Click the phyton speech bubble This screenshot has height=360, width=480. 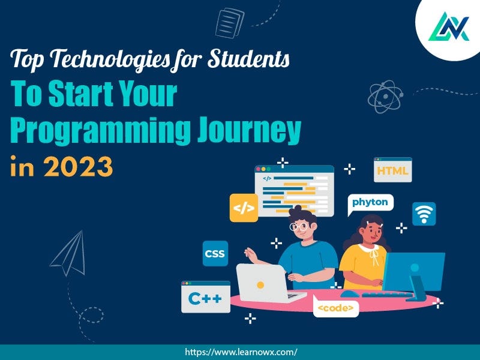point(370,203)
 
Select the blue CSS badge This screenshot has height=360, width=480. point(214,254)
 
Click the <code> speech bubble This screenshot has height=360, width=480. point(336,308)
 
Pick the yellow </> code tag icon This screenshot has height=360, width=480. point(244,208)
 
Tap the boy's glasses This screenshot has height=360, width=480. point(299,227)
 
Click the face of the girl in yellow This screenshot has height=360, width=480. point(367,230)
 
